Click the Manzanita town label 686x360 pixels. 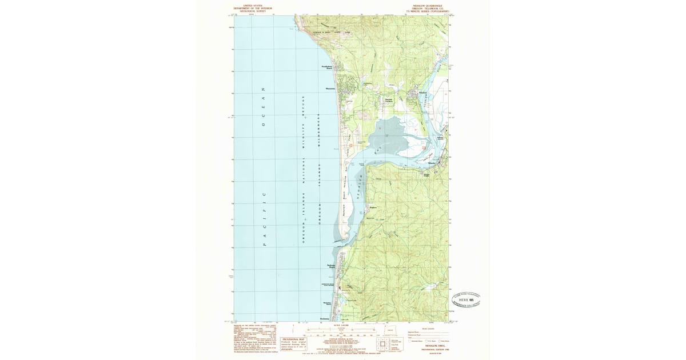click(330, 89)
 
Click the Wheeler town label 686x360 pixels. click(433, 163)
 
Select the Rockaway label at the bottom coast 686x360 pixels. click(325, 318)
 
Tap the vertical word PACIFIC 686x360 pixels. click(264, 219)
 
